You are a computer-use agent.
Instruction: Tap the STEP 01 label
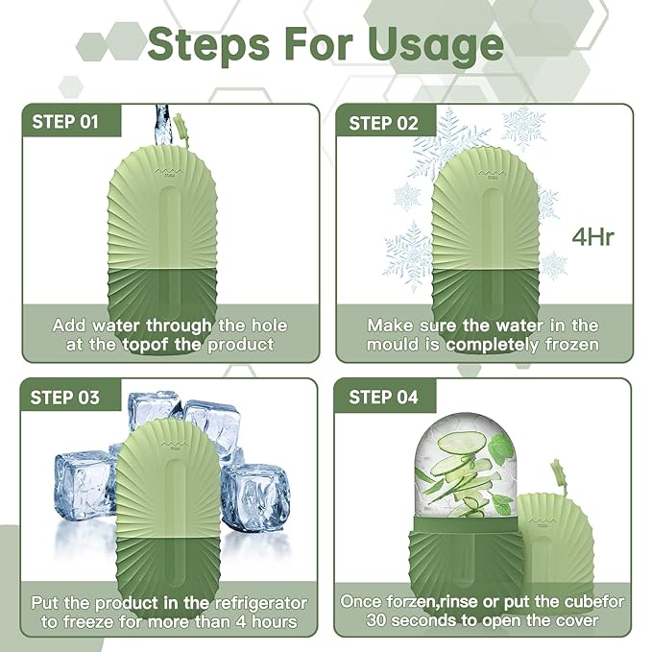pos(65,122)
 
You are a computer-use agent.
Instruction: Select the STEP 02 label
pos(383,122)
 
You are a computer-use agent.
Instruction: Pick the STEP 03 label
pos(65,397)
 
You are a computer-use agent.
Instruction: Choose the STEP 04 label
pos(383,397)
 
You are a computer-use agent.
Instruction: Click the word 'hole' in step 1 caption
pos(265,326)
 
